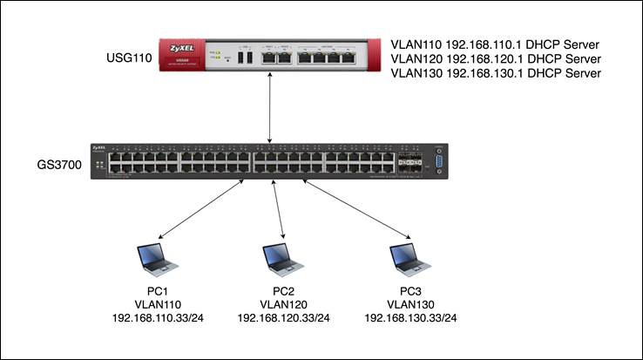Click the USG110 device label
129,58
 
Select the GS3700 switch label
59,165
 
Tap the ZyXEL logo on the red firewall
182,49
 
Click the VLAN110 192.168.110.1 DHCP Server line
495,44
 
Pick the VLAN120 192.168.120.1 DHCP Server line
496,59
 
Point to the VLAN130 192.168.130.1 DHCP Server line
496,73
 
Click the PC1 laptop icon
157,260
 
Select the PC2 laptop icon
283,260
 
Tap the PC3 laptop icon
410,260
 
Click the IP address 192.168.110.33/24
158,318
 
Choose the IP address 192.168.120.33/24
283,318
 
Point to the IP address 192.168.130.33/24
410,318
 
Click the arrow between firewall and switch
269,107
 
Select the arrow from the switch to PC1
201,209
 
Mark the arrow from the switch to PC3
356,209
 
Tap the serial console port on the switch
439,161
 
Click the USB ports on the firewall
245,58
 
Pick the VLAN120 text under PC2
283,304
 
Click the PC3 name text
410,291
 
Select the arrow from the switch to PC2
279,209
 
